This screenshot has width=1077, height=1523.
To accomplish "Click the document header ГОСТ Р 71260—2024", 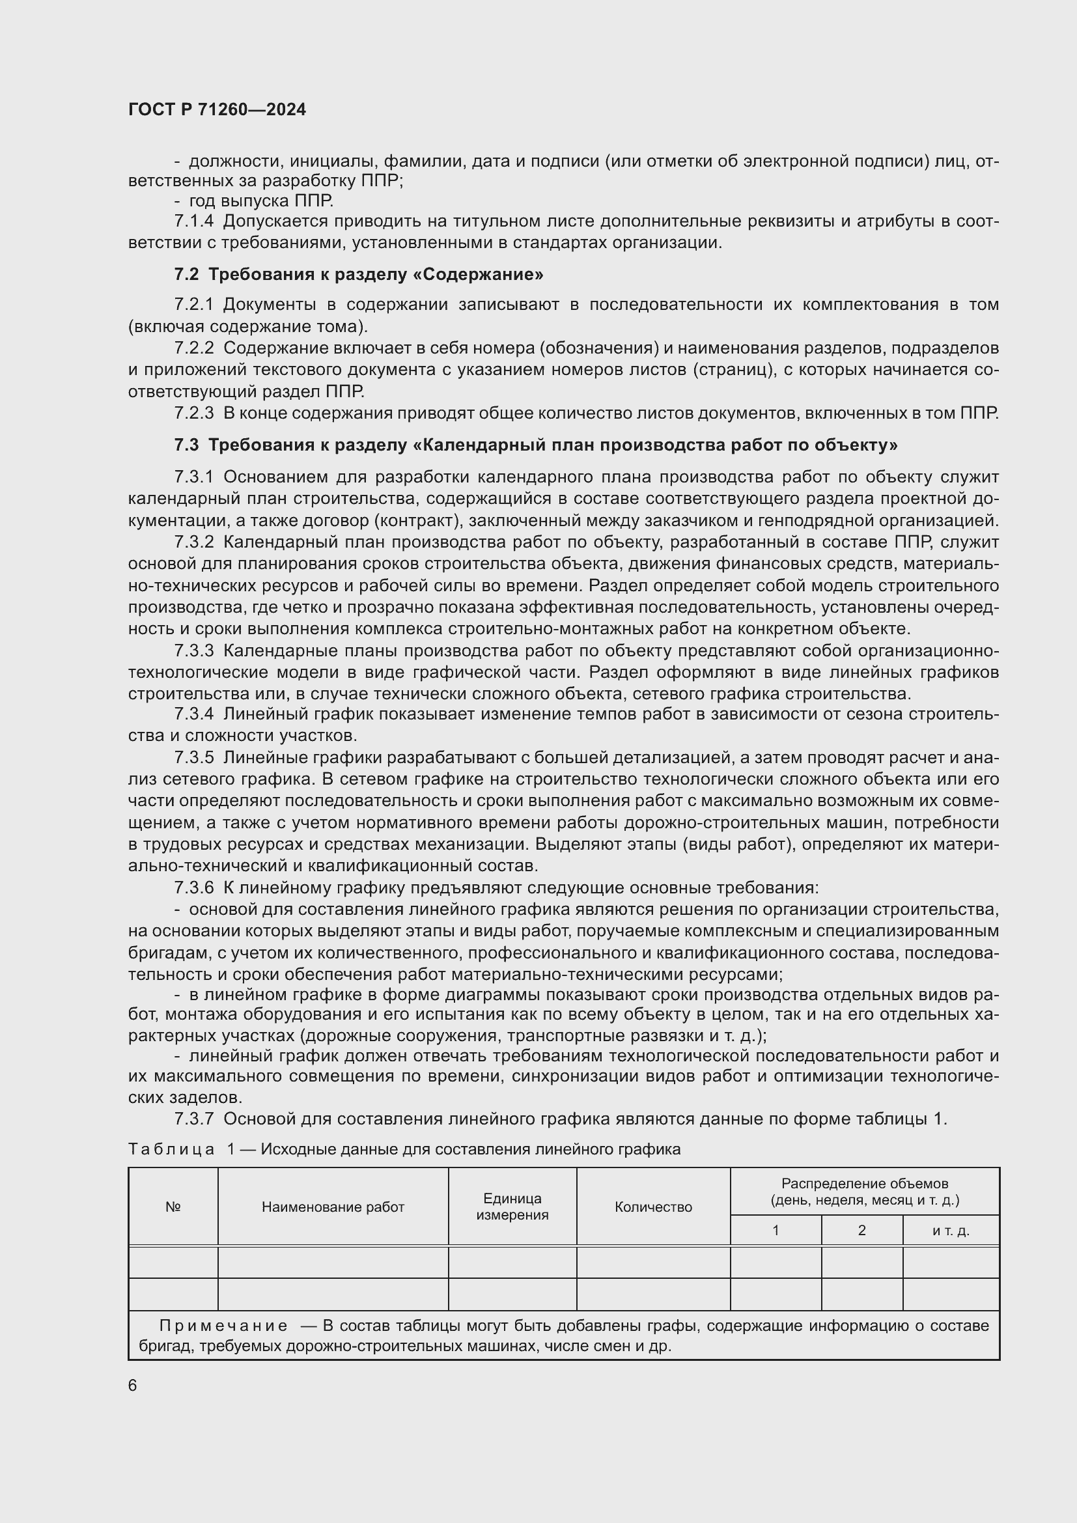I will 217,110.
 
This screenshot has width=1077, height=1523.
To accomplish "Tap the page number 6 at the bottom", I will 133,1385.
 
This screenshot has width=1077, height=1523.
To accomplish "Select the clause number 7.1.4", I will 193,221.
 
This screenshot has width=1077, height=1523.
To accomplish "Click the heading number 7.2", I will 186,275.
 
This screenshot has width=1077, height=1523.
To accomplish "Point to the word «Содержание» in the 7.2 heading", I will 482,275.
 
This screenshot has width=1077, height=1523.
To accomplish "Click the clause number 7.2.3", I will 193,413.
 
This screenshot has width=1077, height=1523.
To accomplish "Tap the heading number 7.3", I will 186,445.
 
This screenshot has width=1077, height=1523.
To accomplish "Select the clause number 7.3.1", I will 193,477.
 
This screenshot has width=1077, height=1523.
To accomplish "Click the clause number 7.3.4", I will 193,714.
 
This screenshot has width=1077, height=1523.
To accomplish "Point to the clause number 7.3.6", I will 193,887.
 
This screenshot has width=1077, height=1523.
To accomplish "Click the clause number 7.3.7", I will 193,1119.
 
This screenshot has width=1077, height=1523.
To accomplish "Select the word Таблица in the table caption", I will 172,1149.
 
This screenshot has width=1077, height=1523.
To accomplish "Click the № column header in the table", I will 173,1207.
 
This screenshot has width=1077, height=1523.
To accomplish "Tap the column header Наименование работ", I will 333,1207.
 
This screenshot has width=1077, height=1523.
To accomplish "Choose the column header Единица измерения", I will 512,1207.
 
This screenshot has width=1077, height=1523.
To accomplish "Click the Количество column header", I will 653,1207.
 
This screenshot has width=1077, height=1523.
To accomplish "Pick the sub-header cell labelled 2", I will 861,1231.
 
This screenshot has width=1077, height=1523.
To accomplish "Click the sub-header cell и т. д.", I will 950,1231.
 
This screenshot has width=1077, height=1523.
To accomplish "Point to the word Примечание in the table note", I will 223,1326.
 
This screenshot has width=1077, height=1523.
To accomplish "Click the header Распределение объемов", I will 865,1183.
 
